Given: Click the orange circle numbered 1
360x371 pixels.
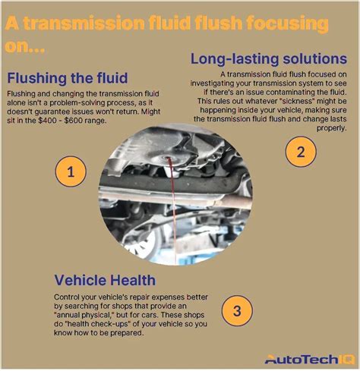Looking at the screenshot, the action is tap(71, 171).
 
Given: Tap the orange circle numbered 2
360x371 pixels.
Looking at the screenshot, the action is tap(301, 152).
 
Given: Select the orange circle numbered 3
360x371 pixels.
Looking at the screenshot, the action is tap(237, 310).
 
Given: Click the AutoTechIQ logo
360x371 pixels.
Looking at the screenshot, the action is tap(310, 359).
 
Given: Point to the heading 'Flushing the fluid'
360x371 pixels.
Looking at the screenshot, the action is tap(68, 78).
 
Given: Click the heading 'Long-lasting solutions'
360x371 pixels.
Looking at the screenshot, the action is tap(268, 58).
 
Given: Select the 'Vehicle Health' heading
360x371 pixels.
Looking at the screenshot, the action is tap(105, 280).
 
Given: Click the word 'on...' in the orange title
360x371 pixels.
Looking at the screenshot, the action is tap(24, 46).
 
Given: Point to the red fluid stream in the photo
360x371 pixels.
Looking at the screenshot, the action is tap(173, 207).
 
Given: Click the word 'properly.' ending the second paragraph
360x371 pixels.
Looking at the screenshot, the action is tap(332, 128).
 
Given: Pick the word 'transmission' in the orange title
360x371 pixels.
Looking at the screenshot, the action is tap(84, 23).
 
